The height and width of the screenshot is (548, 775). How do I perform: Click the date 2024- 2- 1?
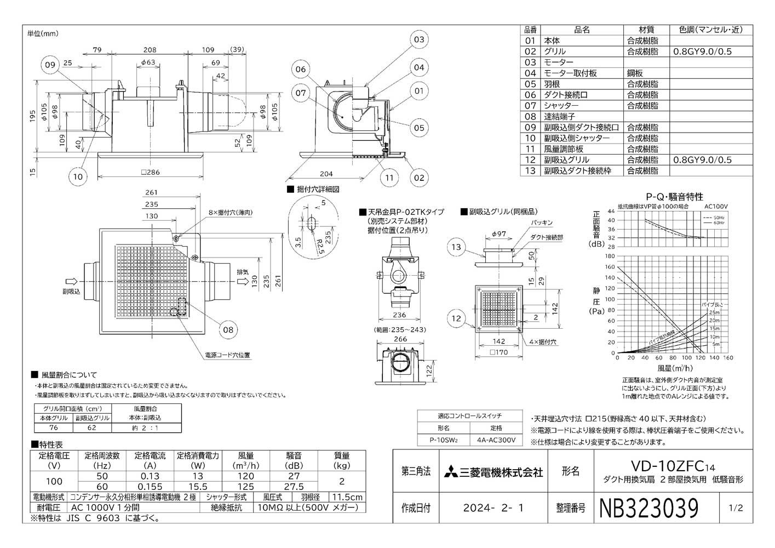pos(493,508)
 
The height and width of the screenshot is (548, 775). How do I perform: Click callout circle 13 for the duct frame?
pos(456,247)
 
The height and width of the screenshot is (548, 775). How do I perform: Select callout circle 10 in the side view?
pos(78,176)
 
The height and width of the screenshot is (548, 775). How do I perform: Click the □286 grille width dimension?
pos(150,172)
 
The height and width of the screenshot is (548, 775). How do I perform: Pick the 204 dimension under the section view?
pos(326,174)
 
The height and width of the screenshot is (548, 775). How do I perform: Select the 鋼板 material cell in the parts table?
pos(636,73)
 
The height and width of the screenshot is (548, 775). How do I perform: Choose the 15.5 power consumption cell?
pos(197,487)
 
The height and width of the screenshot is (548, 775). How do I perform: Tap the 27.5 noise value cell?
pos(294,487)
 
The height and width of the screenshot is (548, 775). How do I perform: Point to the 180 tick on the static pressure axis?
pos(611,256)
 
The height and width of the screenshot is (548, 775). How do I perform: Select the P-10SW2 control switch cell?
pos(444,440)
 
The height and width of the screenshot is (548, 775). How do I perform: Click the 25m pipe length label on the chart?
pos(714,312)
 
